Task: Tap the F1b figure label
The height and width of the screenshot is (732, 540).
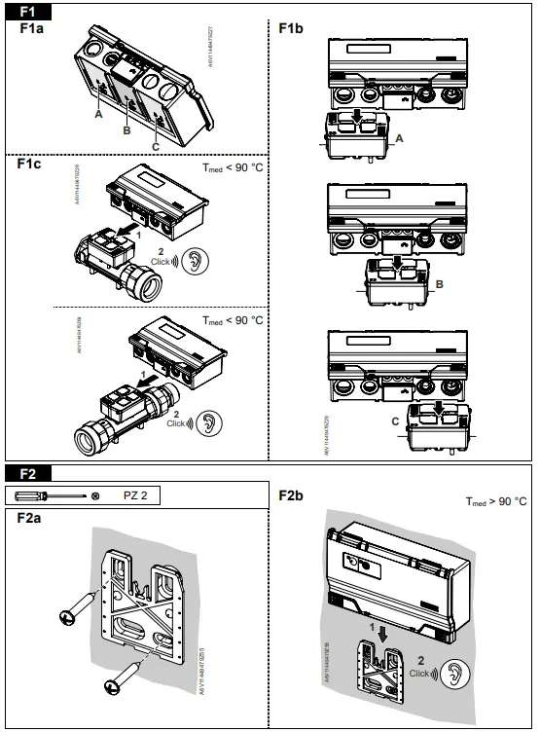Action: tap(290, 29)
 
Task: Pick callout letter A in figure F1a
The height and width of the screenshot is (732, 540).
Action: tap(98, 114)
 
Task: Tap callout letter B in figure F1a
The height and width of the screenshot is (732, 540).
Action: tap(126, 128)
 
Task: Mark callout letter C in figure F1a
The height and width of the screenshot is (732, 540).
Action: tap(157, 146)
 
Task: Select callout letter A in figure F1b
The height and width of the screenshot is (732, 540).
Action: tap(398, 140)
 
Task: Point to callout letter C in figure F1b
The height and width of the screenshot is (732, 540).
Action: tap(394, 421)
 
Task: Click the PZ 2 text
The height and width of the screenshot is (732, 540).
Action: tap(135, 495)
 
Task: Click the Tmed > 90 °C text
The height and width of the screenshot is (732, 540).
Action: tap(494, 501)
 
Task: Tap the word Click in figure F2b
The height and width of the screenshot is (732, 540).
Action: tap(420, 674)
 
